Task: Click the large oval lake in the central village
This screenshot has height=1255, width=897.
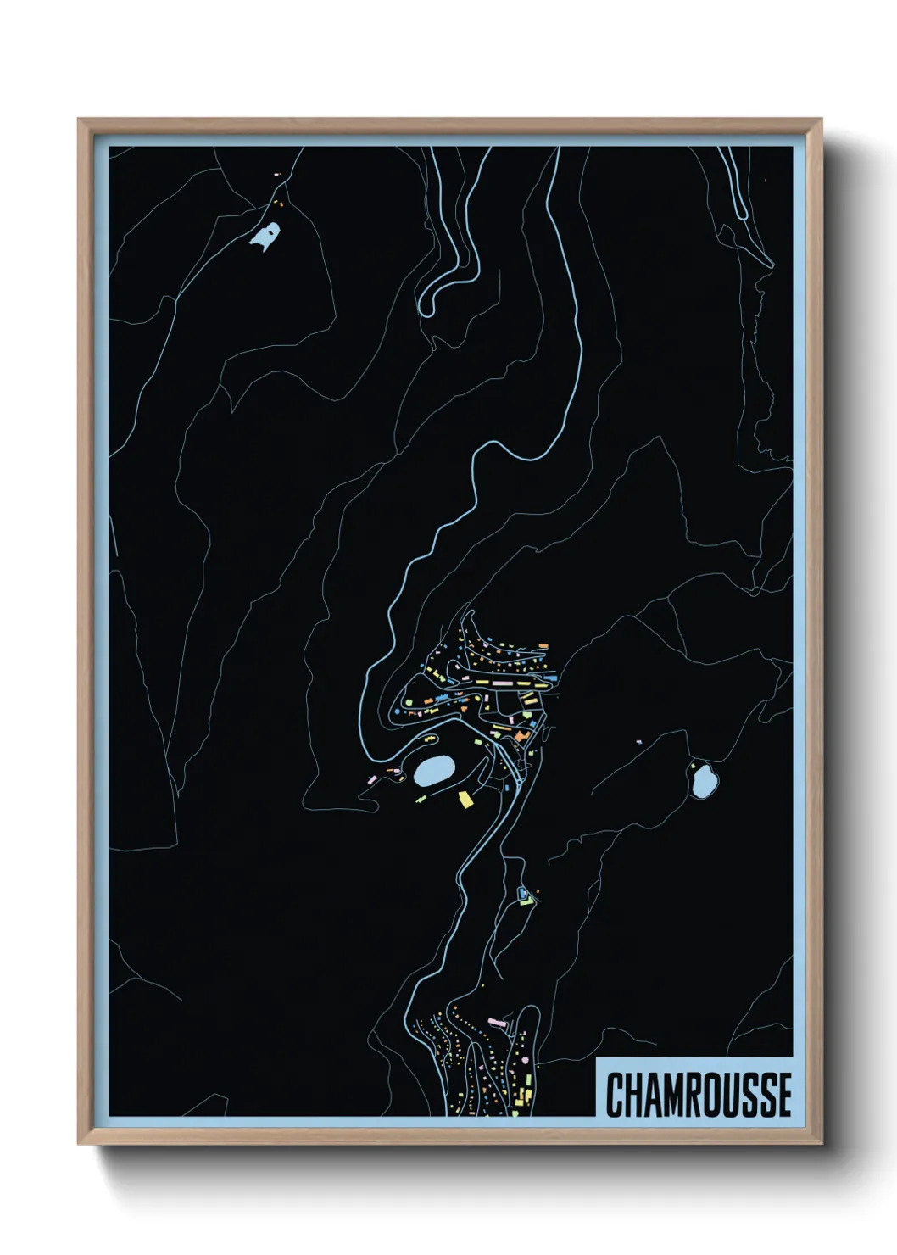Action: click(434, 771)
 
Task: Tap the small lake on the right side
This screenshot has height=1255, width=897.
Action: click(703, 781)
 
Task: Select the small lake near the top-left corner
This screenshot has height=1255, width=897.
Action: click(265, 237)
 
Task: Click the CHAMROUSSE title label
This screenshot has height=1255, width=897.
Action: click(698, 1094)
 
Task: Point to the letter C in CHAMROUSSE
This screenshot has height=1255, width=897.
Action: click(616, 1095)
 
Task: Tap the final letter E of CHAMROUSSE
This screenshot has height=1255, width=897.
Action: click(783, 1095)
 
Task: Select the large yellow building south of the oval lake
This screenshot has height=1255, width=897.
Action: click(464, 800)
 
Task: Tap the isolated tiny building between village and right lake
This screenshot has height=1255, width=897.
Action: click(640, 743)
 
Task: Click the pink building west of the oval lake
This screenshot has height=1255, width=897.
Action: click(371, 777)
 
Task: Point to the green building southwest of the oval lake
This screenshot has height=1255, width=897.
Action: click(421, 798)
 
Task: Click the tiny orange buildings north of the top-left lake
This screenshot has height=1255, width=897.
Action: click(277, 202)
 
